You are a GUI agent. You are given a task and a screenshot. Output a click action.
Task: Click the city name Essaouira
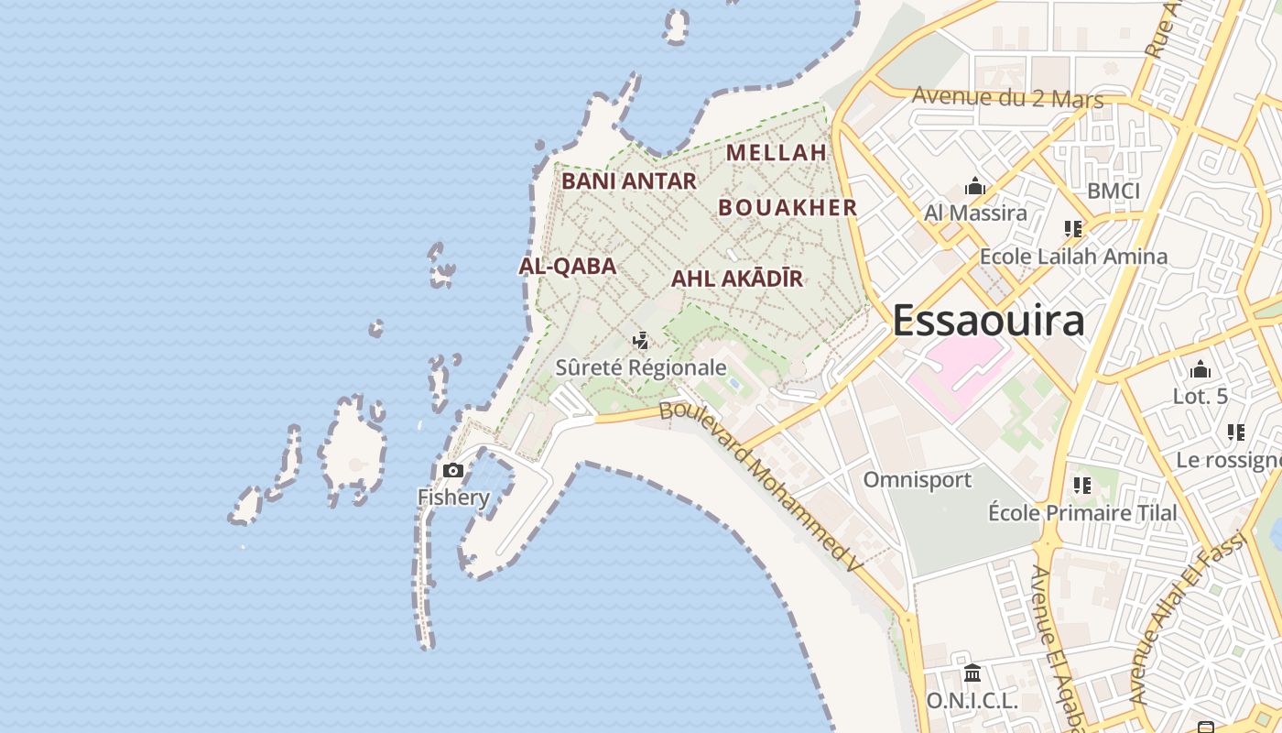tap(988, 321)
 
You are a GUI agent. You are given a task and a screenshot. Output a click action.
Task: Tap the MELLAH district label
tap(776, 152)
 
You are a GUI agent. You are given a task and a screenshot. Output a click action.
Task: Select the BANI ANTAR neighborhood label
tap(628, 181)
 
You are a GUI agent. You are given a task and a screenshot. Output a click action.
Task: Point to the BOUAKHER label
tap(788, 208)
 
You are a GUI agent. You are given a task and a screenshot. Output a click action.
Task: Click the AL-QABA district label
tap(567, 267)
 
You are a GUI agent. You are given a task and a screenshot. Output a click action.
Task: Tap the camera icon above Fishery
tap(452, 471)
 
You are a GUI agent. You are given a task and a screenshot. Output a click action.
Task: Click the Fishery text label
tap(453, 498)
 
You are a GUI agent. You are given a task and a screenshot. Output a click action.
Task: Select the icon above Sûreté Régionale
tap(641, 342)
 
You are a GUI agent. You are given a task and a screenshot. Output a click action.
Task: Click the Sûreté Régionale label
tap(641, 367)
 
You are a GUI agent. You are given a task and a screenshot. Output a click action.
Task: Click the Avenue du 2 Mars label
tap(1007, 97)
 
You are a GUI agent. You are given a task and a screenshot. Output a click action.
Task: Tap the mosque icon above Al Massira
tap(974, 188)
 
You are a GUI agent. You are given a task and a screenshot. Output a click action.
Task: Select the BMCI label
tap(1113, 191)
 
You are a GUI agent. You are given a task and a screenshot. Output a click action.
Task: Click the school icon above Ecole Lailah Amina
tap(1073, 229)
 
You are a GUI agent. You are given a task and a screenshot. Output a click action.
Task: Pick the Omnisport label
tap(917, 479)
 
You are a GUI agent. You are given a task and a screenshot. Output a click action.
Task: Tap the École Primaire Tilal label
tap(1082, 512)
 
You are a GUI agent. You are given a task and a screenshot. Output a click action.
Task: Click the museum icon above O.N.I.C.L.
tap(972, 673)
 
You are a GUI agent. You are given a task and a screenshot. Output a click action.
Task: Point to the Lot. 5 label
tap(1200, 397)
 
